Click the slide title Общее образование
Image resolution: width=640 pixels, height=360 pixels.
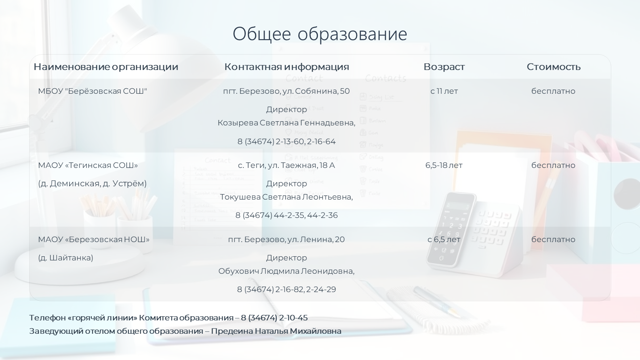(320, 34)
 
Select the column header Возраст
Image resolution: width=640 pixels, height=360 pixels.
(444, 67)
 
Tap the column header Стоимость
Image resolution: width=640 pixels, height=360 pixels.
(553, 67)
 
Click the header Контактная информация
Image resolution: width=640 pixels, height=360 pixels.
(287, 67)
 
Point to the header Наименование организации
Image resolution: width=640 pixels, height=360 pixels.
(106, 67)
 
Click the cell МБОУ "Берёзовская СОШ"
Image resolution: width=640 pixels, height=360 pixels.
(92, 91)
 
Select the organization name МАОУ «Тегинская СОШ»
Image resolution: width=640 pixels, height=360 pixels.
(88, 165)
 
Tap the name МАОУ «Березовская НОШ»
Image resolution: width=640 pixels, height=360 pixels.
(94, 240)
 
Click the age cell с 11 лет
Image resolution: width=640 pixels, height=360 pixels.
(444, 91)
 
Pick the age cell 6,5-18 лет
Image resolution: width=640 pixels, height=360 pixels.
(444, 165)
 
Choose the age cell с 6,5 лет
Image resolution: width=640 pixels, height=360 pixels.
(444, 240)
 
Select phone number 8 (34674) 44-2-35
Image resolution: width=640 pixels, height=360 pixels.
(270, 215)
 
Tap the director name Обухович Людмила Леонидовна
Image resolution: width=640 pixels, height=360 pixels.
(286, 271)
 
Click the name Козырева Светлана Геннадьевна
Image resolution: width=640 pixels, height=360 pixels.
(286, 123)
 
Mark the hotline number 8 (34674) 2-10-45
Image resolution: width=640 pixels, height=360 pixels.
(274, 318)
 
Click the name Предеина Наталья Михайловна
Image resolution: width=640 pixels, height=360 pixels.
(276, 331)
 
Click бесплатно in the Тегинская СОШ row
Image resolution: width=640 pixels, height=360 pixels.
(553, 165)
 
